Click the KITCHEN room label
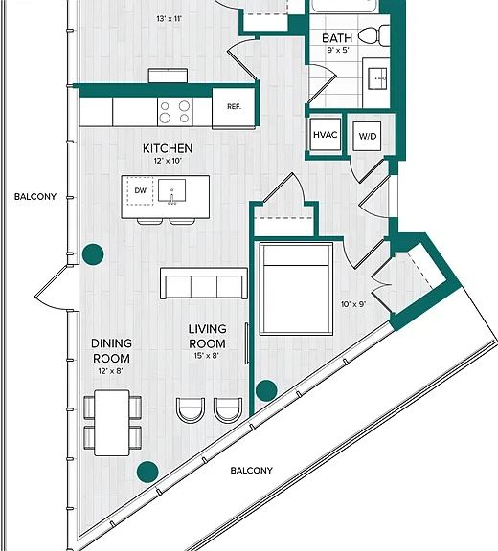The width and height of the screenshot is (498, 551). click(168, 148)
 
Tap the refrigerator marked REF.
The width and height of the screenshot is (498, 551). click(234, 108)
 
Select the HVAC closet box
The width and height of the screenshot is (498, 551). click(326, 135)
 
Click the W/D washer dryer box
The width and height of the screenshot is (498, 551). click(367, 137)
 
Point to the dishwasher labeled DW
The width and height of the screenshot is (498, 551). click(141, 190)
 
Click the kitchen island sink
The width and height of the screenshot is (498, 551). click(171, 191)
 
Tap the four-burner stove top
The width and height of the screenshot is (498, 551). click(175, 111)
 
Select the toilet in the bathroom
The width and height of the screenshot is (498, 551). click(373, 35)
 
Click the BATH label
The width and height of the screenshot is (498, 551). click(337, 38)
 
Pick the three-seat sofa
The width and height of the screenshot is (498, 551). click(204, 283)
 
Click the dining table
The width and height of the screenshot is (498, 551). click(112, 423)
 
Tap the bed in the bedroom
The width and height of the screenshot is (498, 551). click(296, 289)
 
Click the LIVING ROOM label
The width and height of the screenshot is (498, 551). click(207, 337)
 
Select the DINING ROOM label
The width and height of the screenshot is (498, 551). click(111, 351)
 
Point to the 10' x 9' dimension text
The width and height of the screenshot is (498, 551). click(353, 304)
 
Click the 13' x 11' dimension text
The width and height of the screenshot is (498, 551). click(170, 18)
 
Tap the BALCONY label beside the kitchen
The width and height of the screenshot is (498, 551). click(35, 197)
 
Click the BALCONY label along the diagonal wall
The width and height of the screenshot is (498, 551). click(252, 471)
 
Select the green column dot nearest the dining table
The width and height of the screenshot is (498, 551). click(147, 472)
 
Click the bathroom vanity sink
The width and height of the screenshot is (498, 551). click(377, 78)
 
